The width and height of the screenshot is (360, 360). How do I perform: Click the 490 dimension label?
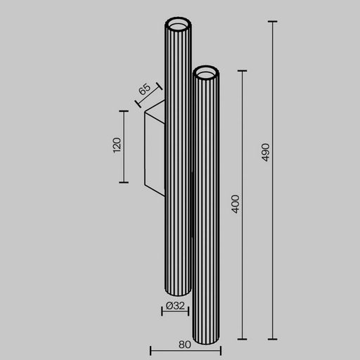click(x=265, y=153)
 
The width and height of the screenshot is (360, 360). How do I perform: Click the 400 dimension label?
click(x=236, y=204)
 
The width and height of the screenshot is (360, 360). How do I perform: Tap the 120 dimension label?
click(x=117, y=145)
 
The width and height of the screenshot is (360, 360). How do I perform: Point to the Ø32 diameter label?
click(x=174, y=306)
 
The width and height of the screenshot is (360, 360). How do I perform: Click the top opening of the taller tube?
click(x=177, y=26)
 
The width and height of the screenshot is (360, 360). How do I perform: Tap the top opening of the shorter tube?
click(x=205, y=73)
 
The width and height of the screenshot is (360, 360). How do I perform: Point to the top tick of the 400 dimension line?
click(x=243, y=71)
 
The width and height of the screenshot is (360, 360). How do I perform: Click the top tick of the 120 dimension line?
click(x=124, y=110)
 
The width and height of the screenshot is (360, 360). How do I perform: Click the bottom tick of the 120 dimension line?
click(x=124, y=181)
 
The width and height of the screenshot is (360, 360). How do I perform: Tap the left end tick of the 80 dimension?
click(x=151, y=349)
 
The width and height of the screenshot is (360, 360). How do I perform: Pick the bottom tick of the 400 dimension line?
click(x=243, y=339)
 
